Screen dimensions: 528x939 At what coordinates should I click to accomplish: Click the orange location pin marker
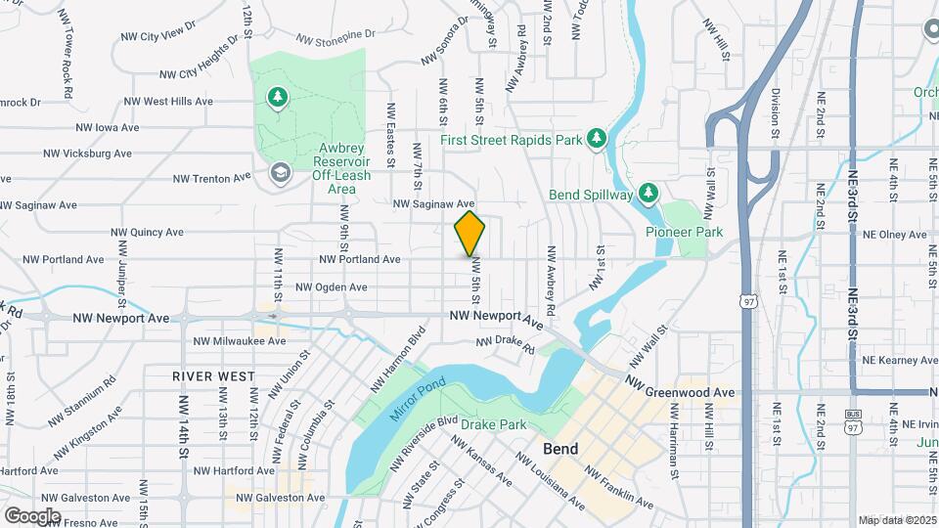[x=469, y=234]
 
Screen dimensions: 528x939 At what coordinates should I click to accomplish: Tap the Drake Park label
[x=493, y=424]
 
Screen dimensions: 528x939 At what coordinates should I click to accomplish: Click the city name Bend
[x=560, y=449]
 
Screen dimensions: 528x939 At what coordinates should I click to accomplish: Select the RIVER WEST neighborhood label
[x=213, y=375]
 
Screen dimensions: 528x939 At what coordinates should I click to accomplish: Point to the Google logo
[x=32, y=515]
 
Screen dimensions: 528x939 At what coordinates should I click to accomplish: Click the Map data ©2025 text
[x=897, y=520]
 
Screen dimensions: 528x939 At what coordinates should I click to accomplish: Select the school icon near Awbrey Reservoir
[x=280, y=173]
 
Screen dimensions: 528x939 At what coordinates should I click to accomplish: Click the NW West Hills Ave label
[x=169, y=101]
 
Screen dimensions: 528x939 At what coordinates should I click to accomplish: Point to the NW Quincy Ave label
[x=148, y=233]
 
